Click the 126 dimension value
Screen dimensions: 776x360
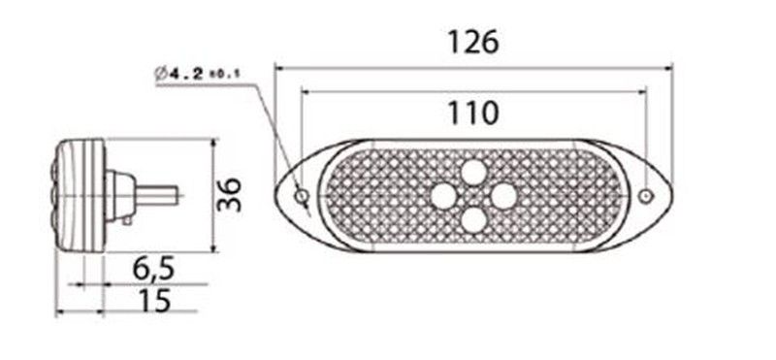coord(472,42)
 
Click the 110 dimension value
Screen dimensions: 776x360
coord(472,113)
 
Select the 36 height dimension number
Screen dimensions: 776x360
coord(230,195)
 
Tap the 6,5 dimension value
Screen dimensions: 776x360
coord(153,269)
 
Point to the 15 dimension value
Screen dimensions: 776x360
coord(154,300)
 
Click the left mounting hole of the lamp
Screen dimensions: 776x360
coord(301,197)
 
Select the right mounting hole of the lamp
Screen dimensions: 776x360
coord(645,197)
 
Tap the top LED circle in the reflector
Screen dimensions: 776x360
coord(473,173)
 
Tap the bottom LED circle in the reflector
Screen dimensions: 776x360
coord(473,220)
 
